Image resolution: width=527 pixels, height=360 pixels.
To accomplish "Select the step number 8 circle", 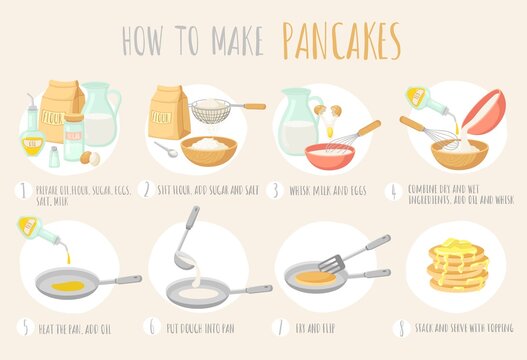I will [400, 327].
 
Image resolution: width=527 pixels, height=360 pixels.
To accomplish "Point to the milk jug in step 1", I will [101, 115].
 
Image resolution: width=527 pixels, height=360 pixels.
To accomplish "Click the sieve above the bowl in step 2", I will [212, 110].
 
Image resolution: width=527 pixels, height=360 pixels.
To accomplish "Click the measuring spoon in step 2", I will [167, 150].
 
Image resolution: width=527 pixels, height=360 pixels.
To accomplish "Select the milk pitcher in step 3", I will [297, 121].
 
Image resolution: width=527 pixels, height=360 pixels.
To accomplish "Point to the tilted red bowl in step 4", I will [484, 110].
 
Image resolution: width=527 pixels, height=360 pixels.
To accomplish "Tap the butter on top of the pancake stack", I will [458, 244].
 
